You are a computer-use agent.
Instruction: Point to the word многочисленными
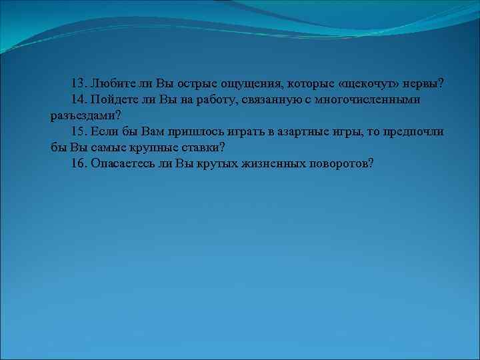(381, 99)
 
